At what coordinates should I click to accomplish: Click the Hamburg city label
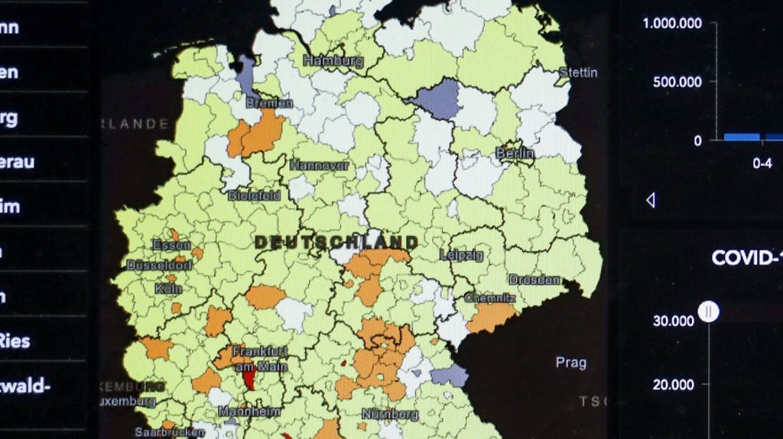point(333,60)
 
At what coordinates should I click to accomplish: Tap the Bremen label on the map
point(269,102)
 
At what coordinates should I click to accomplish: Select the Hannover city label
point(319,165)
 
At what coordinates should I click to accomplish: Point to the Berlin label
point(515,153)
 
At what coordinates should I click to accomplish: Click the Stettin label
point(578,73)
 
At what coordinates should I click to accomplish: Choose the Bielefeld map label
point(254,195)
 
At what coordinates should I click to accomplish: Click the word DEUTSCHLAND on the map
point(336,242)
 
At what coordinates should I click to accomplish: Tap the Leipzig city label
point(462,255)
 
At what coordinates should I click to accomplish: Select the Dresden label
point(534,279)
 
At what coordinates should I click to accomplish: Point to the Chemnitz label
point(489,297)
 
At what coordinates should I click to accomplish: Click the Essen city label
point(171,245)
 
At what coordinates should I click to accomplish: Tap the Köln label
point(168,289)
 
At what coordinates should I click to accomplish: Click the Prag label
point(570,363)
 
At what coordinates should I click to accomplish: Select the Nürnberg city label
point(390,414)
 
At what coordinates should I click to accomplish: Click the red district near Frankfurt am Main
point(249,378)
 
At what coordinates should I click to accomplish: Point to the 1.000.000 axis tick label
point(672,24)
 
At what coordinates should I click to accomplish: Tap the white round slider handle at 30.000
point(709,311)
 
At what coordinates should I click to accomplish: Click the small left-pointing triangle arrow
point(651,200)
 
